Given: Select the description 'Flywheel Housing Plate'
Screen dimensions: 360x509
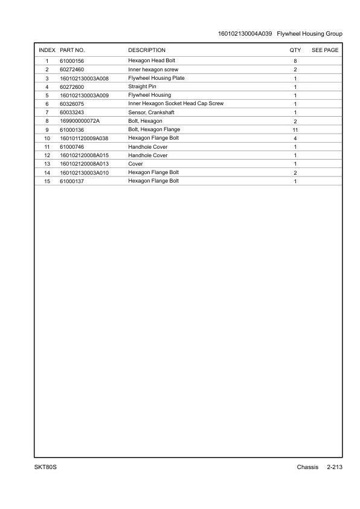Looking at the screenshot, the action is pos(156,79).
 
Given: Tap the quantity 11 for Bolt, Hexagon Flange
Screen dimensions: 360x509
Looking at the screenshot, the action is pos(295,130).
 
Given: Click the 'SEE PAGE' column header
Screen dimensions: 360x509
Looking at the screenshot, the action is pos(325,50).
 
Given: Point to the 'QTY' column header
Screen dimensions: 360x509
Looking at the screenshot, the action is pos(295,50).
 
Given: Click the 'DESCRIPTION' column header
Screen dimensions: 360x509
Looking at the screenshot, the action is pos(147,50).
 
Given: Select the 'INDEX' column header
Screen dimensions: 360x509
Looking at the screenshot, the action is pos(47,50).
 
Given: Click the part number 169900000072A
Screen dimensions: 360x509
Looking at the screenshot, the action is pos(80,122).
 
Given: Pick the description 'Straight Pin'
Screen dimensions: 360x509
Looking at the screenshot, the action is pos(143,87).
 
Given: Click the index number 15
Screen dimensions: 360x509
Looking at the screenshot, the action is pos(47,181).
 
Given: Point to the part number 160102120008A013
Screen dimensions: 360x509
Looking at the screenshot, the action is pos(84,164).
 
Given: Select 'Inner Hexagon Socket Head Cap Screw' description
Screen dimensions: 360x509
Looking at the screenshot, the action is pos(176,104).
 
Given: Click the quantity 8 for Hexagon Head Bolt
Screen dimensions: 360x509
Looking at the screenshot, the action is pos(295,62).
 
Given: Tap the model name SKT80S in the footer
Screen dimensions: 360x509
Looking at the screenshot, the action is pos(45,468).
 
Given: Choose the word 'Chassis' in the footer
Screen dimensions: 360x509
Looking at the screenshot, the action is pos(307,468).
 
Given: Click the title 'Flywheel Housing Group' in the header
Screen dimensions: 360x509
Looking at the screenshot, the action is pos(309,34).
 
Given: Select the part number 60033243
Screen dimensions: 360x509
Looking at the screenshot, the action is pos(72,113).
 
